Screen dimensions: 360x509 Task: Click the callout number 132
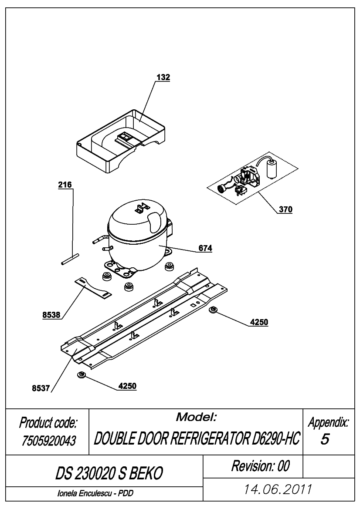[x=163, y=77]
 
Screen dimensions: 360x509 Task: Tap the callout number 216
[x=65, y=185]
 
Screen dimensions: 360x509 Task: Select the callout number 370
[x=285, y=209]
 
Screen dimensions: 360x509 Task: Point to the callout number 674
[x=205, y=248]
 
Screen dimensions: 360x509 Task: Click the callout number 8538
[x=51, y=314]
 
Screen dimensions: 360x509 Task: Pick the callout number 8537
[x=41, y=388]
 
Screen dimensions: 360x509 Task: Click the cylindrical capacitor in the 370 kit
[x=272, y=168]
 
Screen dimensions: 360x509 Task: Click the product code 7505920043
[x=49, y=441]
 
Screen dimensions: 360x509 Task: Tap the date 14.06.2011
[x=278, y=489]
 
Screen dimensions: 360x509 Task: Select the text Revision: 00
[x=260, y=466]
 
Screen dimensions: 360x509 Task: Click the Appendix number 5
[x=325, y=439]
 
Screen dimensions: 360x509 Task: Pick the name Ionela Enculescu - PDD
[x=95, y=493]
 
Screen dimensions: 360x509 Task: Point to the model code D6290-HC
[x=275, y=439]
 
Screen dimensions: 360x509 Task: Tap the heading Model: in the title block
[x=196, y=417]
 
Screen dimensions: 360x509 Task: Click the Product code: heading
[x=48, y=423]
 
